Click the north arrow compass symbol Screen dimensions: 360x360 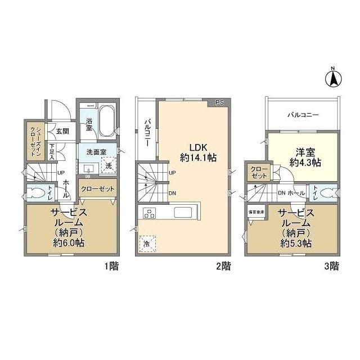point(332,77)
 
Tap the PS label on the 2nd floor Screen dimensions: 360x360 point(219,103)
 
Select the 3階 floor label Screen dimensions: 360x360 point(331,266)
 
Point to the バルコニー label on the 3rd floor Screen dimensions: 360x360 point(303,114)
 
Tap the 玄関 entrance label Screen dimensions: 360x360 point(62,131)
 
